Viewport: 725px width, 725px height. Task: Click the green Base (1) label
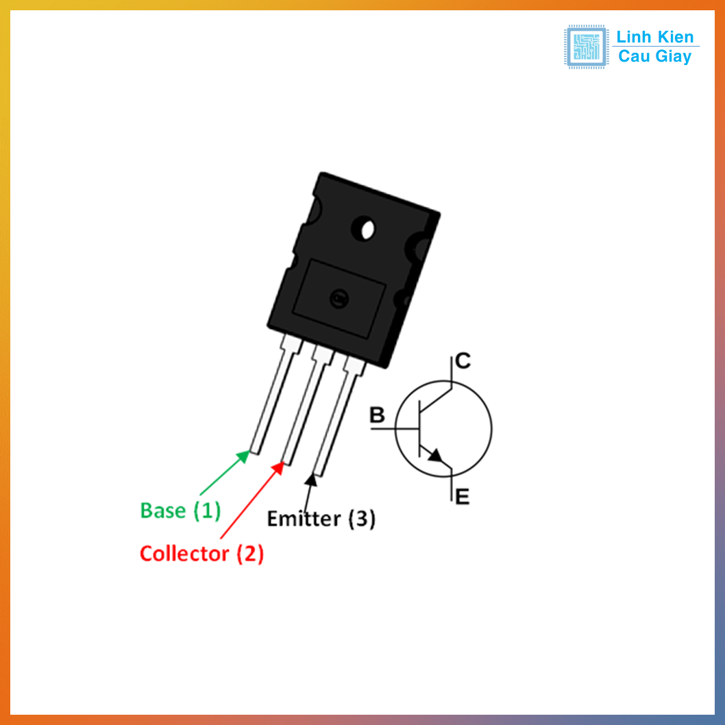pyautogui.click(x=180, y=511)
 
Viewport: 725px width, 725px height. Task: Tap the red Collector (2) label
pyautogui.click(x=201, y=554)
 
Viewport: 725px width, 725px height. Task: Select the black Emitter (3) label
pyautogui.click(x=321, y=519)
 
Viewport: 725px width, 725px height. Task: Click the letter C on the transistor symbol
pyautogui.click(x=463, y=360)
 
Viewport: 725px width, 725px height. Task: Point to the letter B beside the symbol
pyautogui.click(x=377, y=415)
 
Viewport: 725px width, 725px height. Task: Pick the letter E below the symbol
pyautogui.click(x=463, y=497)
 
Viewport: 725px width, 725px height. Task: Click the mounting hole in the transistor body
pyautogui.click(x=364, y=228)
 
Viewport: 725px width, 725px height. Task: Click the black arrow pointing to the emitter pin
pyautogui.click(x=308, y=493)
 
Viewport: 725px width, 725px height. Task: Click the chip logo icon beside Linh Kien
pyautogui.click(x=585, y=47)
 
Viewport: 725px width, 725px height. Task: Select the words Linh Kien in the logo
pyautogui.click(x=655, y=37)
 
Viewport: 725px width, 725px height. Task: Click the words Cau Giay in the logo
pyautogui.click(x=655, y=57)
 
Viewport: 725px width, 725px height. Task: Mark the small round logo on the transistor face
pyautogui.click(x=338, y=298)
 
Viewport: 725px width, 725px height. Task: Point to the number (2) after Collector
pyautogui.click(x=250, y=554)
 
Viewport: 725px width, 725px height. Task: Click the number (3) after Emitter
pyautogui.click(x=362, y=519)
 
